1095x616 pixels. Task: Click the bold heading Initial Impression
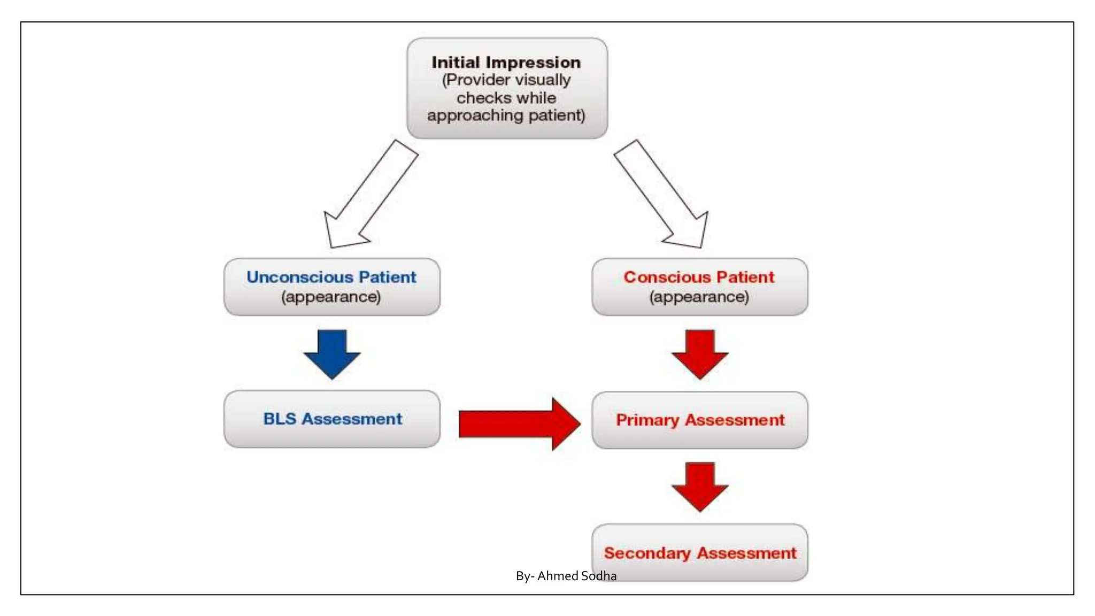506,63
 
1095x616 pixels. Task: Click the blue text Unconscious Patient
331,277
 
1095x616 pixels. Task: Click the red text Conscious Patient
699,277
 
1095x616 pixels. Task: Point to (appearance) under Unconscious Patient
331,297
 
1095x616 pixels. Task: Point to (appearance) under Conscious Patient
699,297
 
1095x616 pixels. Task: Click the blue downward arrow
332,353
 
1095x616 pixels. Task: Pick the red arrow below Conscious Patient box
700,353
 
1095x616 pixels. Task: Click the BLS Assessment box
332,419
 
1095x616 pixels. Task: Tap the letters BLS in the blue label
279,419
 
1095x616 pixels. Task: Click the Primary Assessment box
700,420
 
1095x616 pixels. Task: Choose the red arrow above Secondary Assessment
700,486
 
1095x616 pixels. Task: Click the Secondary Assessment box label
700,553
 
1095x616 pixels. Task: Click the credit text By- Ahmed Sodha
566,576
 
